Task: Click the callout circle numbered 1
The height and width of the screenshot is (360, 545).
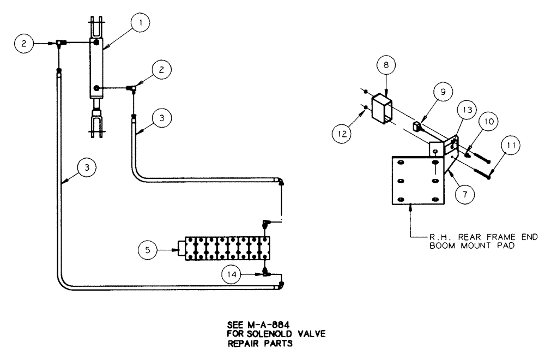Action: [140, 23]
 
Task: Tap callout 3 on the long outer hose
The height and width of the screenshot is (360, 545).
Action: [87, 167]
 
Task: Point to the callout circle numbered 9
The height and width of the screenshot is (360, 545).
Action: [443, 92]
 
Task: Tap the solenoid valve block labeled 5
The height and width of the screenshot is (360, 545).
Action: [227, 249]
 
